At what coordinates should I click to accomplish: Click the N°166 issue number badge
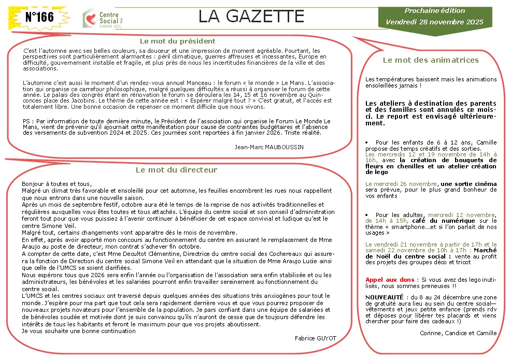pyautogui.click(x=39, y=17)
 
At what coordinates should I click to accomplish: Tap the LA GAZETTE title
pyautogui.click(x=251, y=17)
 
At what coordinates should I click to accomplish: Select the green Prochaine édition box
pyautogui.click(x=434, y=17)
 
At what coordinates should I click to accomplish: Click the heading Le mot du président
pyautogui.click(x=178, y=41)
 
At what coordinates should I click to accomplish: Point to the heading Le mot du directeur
pyautogui.click(x=176, y=169)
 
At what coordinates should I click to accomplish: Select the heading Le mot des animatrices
pyautogui.click(x=431, y=60)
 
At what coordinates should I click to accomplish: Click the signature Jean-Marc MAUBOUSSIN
pyautogui.click(x=269, y=147)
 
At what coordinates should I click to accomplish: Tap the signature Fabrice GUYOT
pyautogui.click(x=315, y=338)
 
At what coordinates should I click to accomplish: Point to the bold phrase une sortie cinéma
pyautogui.click(x=469, y=184)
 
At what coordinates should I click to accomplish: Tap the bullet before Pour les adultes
pyautogui.click(x=367, y=214)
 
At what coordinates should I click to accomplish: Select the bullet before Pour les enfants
pyautogui.click(x=367, y=142)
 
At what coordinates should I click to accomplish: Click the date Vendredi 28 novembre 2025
pyautogui.click(x=434, y=22)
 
